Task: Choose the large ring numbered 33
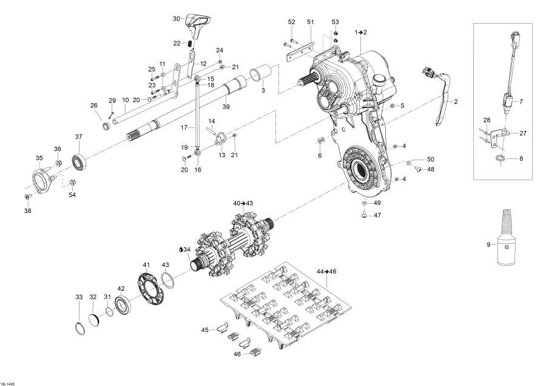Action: [79, 329]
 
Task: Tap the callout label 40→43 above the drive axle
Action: [243, 202]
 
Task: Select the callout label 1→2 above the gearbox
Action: [361, 31]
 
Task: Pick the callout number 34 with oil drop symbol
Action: [185, 249]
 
